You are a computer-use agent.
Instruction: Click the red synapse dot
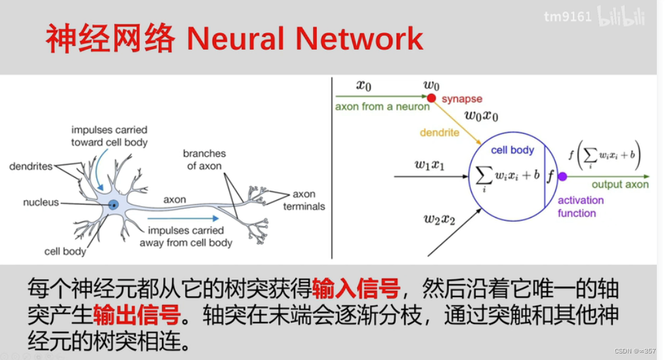coord(431,98)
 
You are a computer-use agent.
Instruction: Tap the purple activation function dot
coord(562,176)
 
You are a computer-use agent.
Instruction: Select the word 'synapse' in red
coord(461,99)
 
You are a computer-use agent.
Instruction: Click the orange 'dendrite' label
coord(440,132)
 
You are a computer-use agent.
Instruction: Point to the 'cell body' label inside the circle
coord(512,150)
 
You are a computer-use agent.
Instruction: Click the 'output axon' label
coord(620,184)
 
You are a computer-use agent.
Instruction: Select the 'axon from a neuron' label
coord(382,106)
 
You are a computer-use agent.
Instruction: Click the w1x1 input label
coord(429,165)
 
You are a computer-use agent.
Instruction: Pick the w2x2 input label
coord(440,219)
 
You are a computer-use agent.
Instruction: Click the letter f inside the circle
coord(550,176)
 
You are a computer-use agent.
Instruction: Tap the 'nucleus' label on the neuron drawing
coord(41,203)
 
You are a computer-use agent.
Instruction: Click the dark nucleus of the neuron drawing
coord(114,205)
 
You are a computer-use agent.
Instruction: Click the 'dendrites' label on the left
coord(30,167)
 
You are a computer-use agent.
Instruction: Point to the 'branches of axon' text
coord(204,159)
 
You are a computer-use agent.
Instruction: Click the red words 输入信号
coord(356,287)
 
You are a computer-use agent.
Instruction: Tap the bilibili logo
coord(620,17)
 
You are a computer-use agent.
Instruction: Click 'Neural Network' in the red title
coord(304,39)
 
